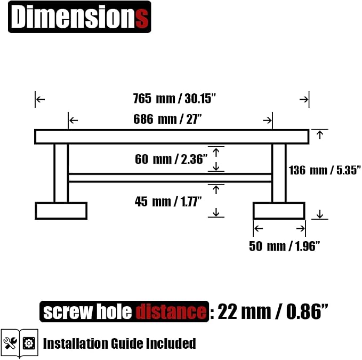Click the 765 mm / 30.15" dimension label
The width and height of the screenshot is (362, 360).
(x=174, y=98)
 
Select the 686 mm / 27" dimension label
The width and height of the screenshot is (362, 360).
(x=167, y=119)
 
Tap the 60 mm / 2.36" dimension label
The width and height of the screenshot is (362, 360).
(x=171, y=159)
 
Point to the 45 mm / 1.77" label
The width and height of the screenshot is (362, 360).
(x=168, y=202)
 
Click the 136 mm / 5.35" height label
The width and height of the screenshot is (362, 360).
(x=325, y=170)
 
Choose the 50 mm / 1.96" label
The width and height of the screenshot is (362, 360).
(x=285, y=246)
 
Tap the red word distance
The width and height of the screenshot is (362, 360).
(x=171, y=311)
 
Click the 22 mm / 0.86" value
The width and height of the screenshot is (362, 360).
(x=272, y=311)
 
